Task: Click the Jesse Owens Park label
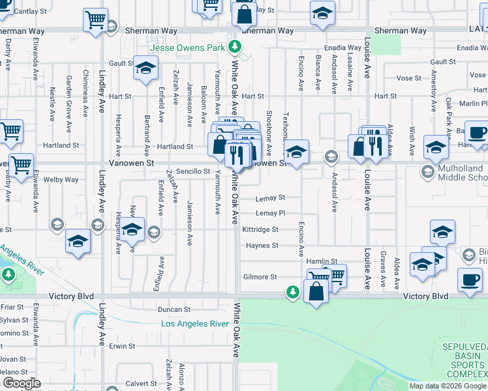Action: (x=187, y=48)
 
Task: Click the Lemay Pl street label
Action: (x=270, y=213)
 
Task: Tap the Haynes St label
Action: (x=262, y=246)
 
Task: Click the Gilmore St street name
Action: (x=260, y=277)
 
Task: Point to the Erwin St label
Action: (x=122, y=346)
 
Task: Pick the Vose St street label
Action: (x=408, y=78)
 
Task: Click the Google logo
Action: (x=22, y=383)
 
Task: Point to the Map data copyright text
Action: (x=448, y=386)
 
